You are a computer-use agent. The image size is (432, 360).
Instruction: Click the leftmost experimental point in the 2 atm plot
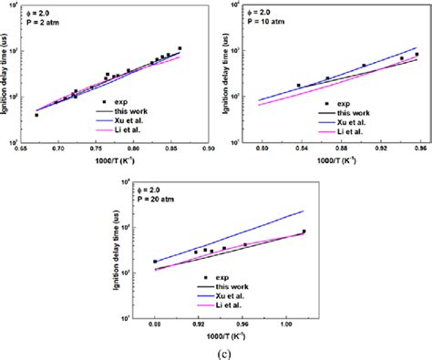36,115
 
